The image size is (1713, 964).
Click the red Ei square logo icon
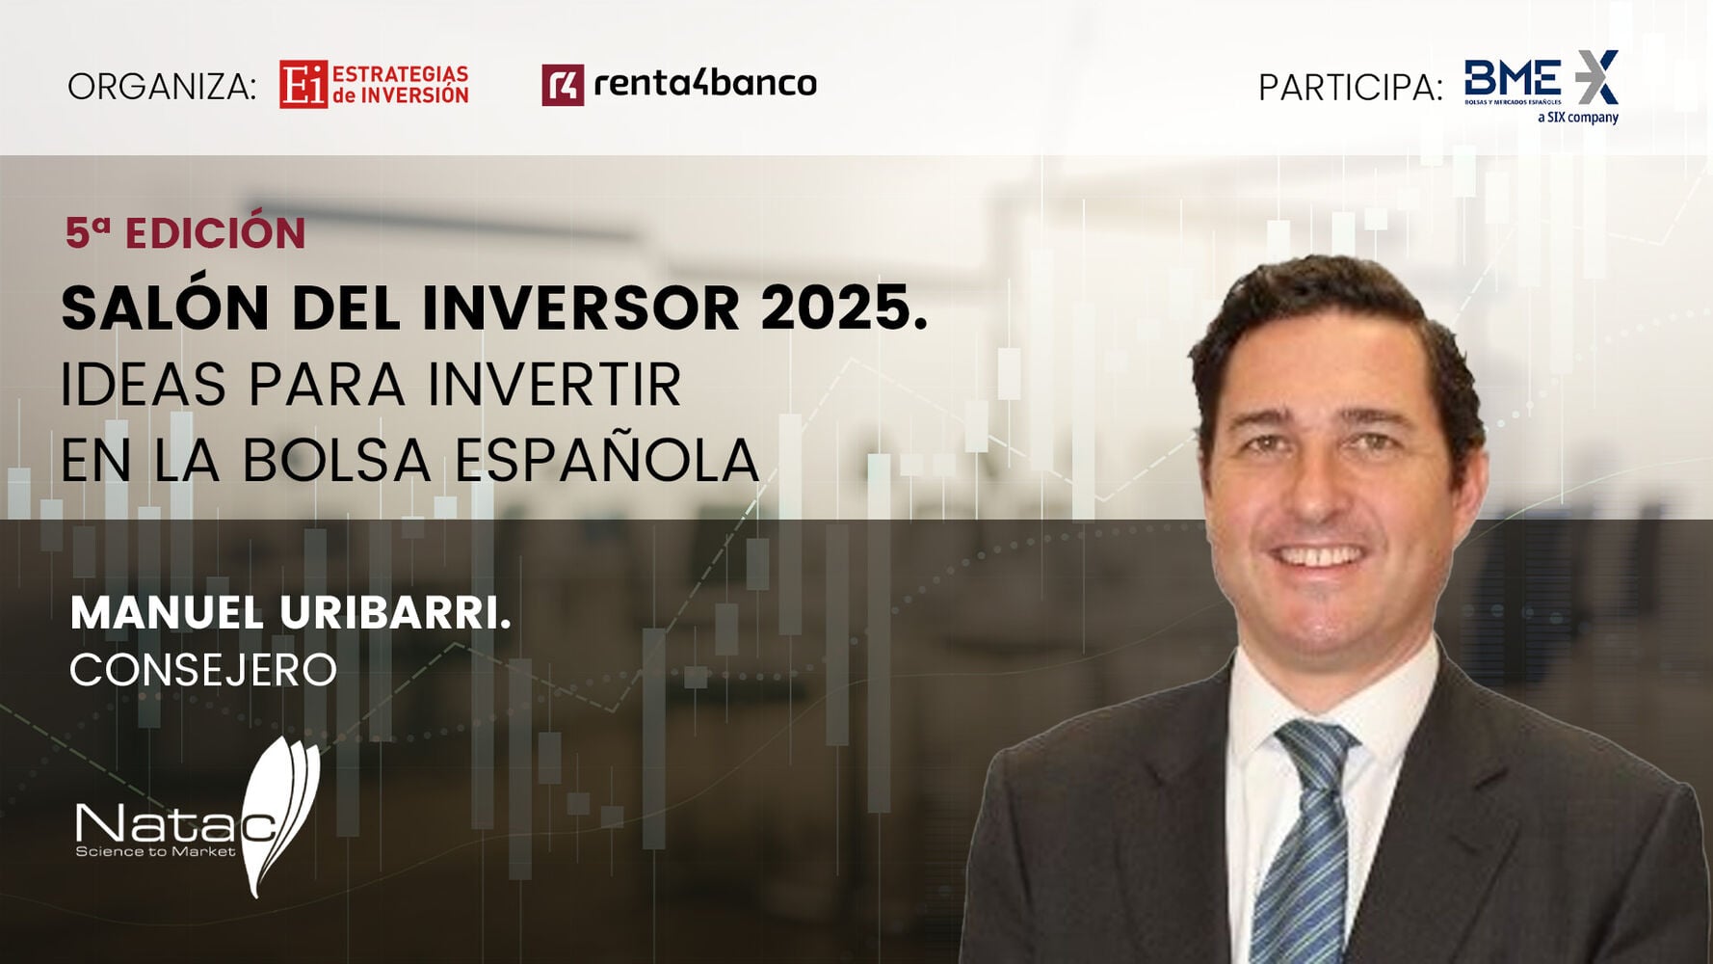303,85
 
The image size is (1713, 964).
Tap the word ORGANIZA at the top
161,87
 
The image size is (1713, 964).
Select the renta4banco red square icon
563,85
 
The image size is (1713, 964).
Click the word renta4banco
705,84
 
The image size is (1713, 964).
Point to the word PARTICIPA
1350,88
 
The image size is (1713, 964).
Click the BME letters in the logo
1513,77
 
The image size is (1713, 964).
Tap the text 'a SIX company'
1578,118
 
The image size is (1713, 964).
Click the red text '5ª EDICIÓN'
185,233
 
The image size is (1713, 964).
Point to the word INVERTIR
554,385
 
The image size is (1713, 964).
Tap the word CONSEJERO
203,670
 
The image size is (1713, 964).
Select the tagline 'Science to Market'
155,851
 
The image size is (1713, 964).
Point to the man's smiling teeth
1320,556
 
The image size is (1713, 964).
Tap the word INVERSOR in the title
581,308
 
